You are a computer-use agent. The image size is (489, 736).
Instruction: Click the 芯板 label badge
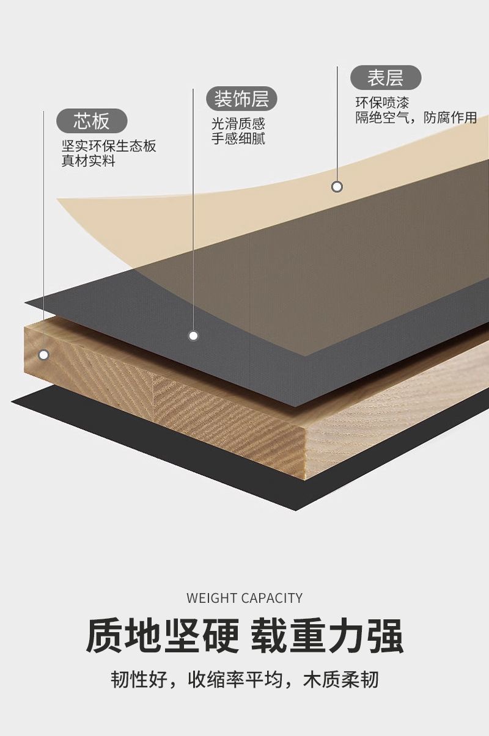(x=92, y=121)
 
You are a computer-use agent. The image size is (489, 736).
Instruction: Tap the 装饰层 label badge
(x=241, y=98)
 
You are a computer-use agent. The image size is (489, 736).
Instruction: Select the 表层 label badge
(x=386, y=78)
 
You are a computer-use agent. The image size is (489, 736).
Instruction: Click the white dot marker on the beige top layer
(x=337, y=186)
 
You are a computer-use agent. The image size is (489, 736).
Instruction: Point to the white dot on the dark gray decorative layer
(x=193, y=335)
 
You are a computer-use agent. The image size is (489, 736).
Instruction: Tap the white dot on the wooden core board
(x=43, y=354)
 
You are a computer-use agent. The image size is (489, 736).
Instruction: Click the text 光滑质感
(x=238, y=123)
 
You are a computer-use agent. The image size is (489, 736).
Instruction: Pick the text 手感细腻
(x=238, y=139)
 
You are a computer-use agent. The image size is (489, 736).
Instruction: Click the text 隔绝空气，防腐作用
(x=416, y=118)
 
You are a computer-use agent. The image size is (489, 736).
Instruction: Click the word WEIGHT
(x=211, y=598)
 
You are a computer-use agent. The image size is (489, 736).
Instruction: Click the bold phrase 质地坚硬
(x=162, y=636)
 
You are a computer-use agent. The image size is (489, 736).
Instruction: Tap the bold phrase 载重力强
(x=327, y=636)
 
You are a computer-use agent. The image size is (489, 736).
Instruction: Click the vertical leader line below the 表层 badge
(x=337, y=122)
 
